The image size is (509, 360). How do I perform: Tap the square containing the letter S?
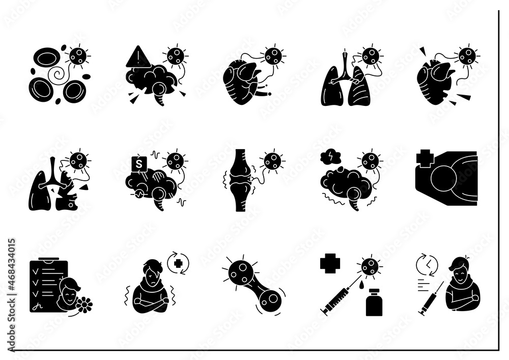tap(136, 164)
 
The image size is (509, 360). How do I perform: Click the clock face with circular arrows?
tap(424, 264)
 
